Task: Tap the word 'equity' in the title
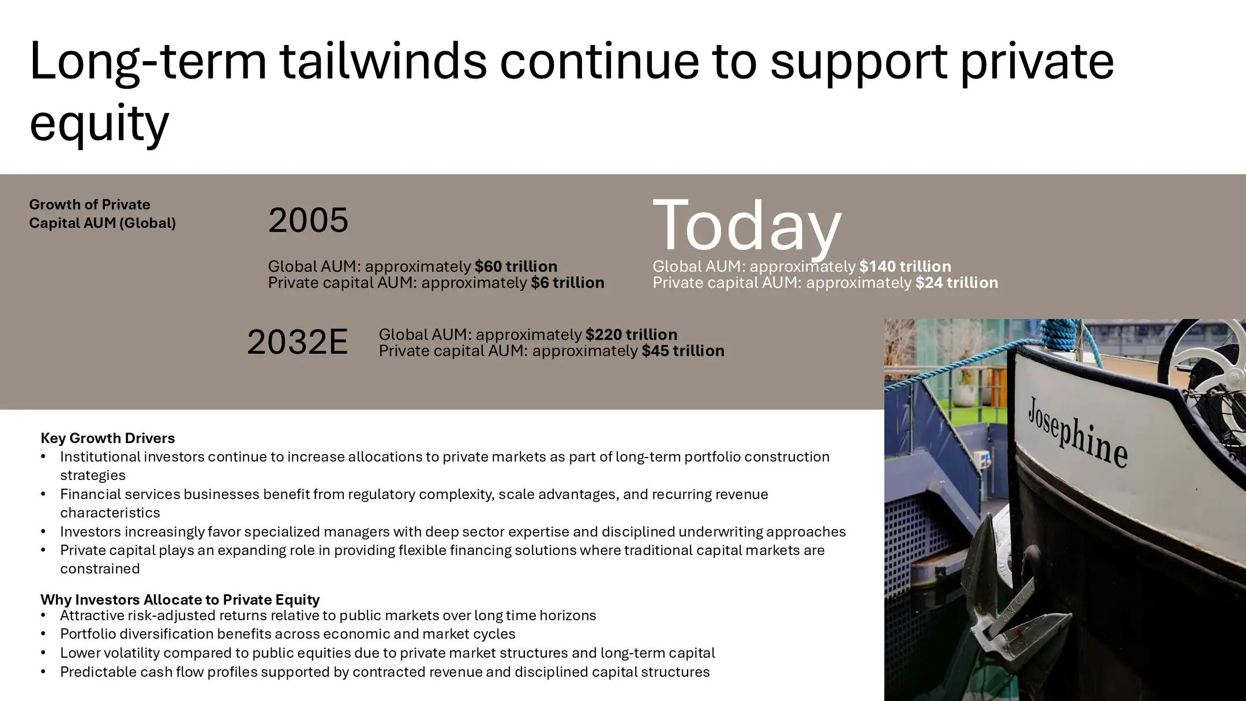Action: (99, 122)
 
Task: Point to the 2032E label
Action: (297, 342)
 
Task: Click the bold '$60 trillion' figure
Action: (516, 267)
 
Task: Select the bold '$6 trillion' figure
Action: (567, 283)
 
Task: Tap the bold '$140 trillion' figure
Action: (905, 267)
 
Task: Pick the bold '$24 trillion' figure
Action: (956, 283)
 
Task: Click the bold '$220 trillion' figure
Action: (631, 335)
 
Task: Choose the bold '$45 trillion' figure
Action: (682, 351)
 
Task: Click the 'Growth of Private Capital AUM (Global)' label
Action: (102, 213)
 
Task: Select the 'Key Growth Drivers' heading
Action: (107, 438)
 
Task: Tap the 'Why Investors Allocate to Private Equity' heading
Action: (179, 599)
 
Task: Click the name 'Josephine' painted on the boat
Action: (1077, 432)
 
